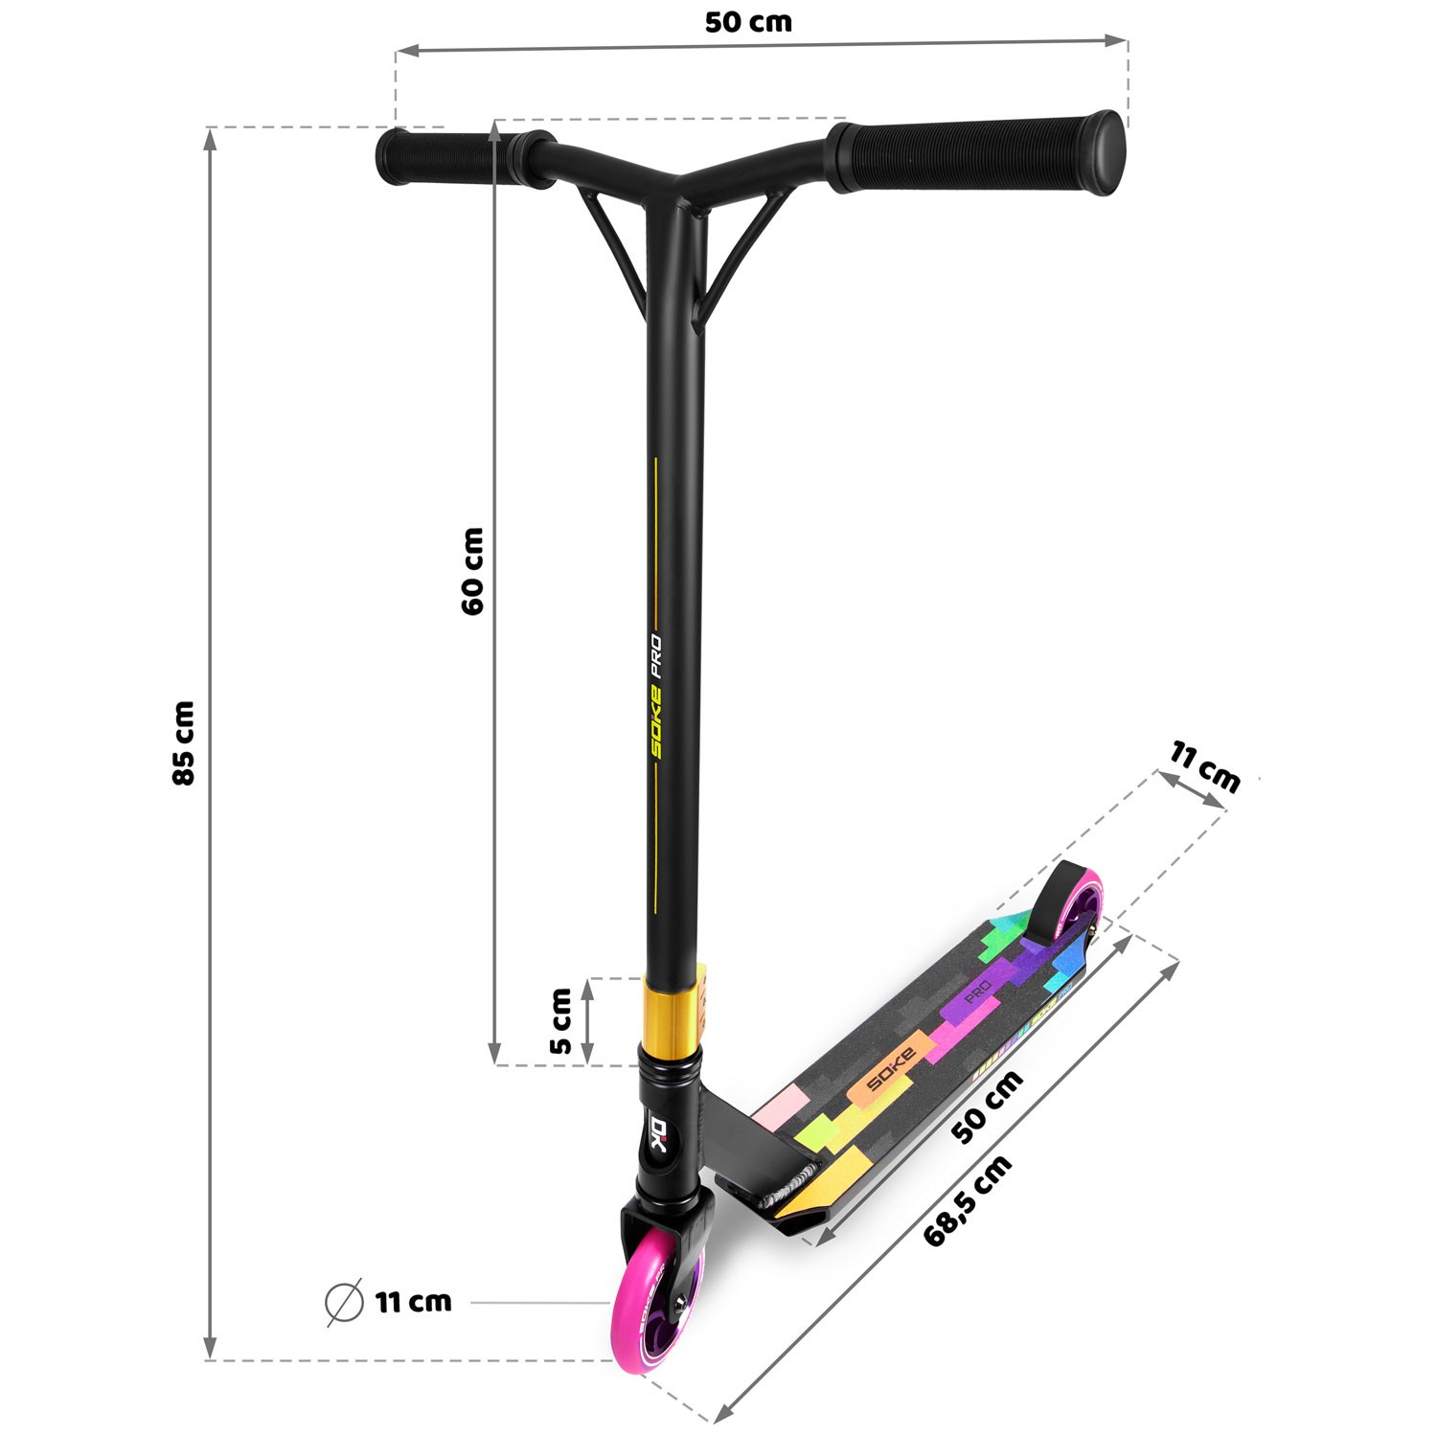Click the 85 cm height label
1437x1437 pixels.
(x=184, y=742)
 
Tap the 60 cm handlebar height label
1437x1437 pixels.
(x=472, y=571)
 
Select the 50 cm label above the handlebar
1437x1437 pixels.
(x=748, y=22)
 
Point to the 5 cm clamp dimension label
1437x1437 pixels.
(x=561, y=1020)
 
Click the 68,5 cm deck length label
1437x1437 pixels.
(x=968, y=1201)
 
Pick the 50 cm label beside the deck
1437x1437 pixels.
(x=989, y=1106)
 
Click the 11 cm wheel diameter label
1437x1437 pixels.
(x=413, y=1302)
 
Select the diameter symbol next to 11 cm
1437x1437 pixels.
(x=345, y=1302)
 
